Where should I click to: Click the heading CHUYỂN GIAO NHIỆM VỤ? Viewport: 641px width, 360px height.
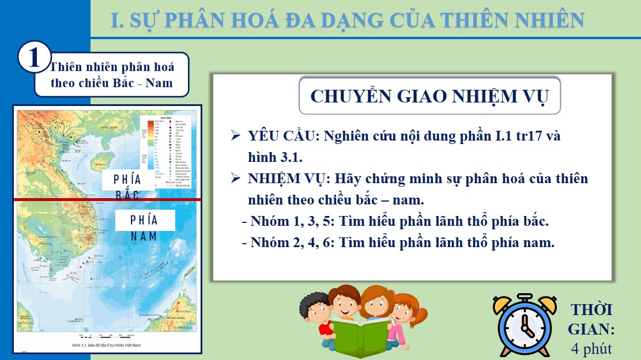(x=429, y=96)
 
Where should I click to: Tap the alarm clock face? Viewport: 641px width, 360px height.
(x=524, y=329)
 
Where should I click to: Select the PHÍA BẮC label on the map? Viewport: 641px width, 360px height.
(x=127, y=186)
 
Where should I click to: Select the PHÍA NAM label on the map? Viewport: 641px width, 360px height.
(x=144, y=227)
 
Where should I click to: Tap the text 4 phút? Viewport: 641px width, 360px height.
(x=591, y=348)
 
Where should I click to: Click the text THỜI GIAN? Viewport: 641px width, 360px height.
(x=591, y=319)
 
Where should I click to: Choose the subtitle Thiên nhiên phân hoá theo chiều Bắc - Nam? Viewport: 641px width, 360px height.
(x=112, y=75)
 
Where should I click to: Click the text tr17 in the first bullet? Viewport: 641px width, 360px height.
(x=516, y=137)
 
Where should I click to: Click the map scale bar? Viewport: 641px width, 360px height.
(x=105, y=335)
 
